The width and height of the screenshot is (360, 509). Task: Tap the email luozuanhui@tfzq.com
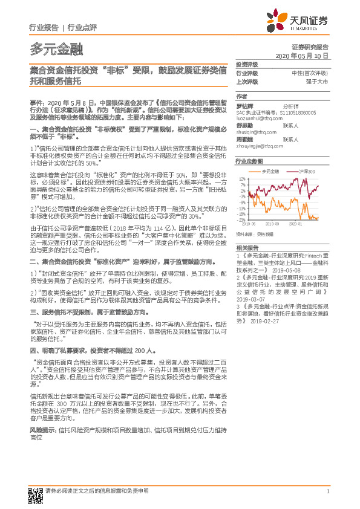click(257, 116)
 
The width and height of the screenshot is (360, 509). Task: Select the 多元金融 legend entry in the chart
click(267, 172)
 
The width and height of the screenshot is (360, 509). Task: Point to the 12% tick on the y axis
click(243, 179)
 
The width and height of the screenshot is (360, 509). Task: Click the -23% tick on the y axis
click(242, 219)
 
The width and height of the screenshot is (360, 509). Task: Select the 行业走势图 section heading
click(249, 162)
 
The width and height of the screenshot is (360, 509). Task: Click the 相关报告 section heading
click(247, 247)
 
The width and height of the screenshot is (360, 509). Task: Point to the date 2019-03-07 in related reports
click(250, 299)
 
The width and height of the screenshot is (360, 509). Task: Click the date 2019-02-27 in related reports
click(262, 322)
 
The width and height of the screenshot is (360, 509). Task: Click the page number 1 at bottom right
click(327, 491)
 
